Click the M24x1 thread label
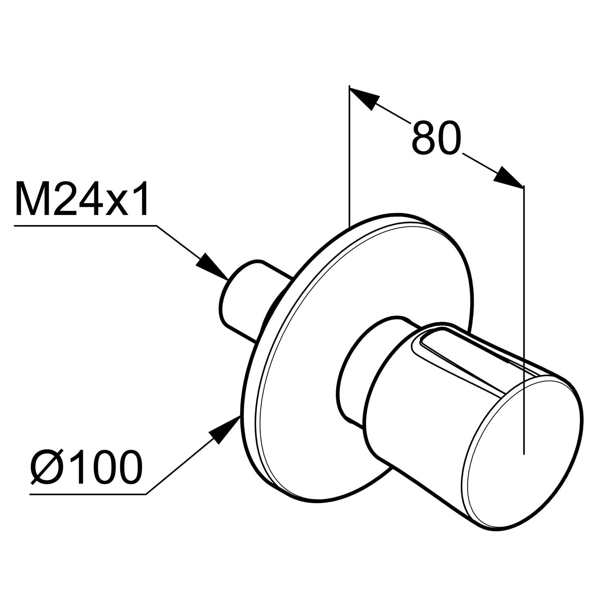[82, 199]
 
